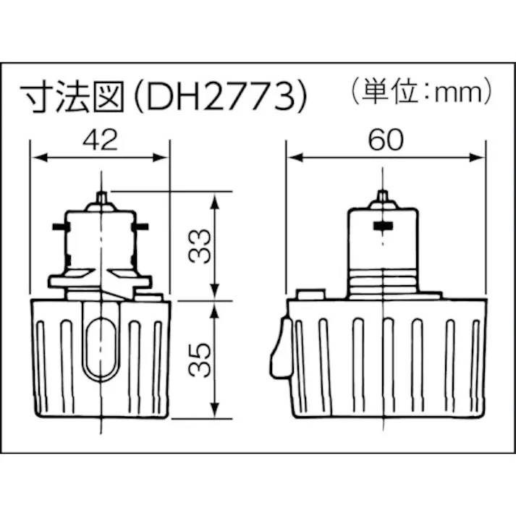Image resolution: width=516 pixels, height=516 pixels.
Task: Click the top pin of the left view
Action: coord(100,196)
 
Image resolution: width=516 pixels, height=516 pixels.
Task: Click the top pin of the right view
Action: coord(384,196)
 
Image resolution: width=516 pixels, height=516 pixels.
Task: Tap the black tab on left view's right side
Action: coord(140,227)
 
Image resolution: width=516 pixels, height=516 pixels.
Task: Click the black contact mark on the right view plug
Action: coord(384,227)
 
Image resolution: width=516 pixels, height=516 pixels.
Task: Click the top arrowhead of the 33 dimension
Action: coord(215,198)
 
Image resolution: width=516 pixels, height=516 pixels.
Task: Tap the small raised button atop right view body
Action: coord(310,295)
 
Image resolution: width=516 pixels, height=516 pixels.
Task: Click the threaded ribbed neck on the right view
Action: coord(384,282)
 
